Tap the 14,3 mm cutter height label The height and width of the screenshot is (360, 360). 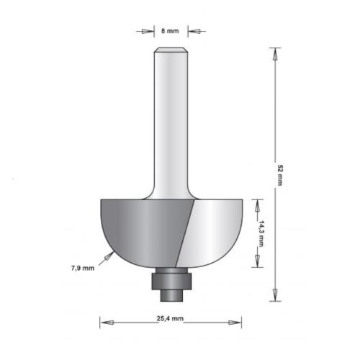click(x=262, y=232)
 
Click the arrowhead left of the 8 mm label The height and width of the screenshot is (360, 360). click(x=149, y=31)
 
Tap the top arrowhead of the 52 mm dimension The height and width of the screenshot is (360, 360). click(x=274, y=53)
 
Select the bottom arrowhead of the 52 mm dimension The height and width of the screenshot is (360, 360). click(x=274, y=296)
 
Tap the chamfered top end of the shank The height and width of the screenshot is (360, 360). click(x=171, y=50)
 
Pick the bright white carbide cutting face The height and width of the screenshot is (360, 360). click(x=212, y=227)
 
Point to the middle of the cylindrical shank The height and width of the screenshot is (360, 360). click(x=171, y=122)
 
